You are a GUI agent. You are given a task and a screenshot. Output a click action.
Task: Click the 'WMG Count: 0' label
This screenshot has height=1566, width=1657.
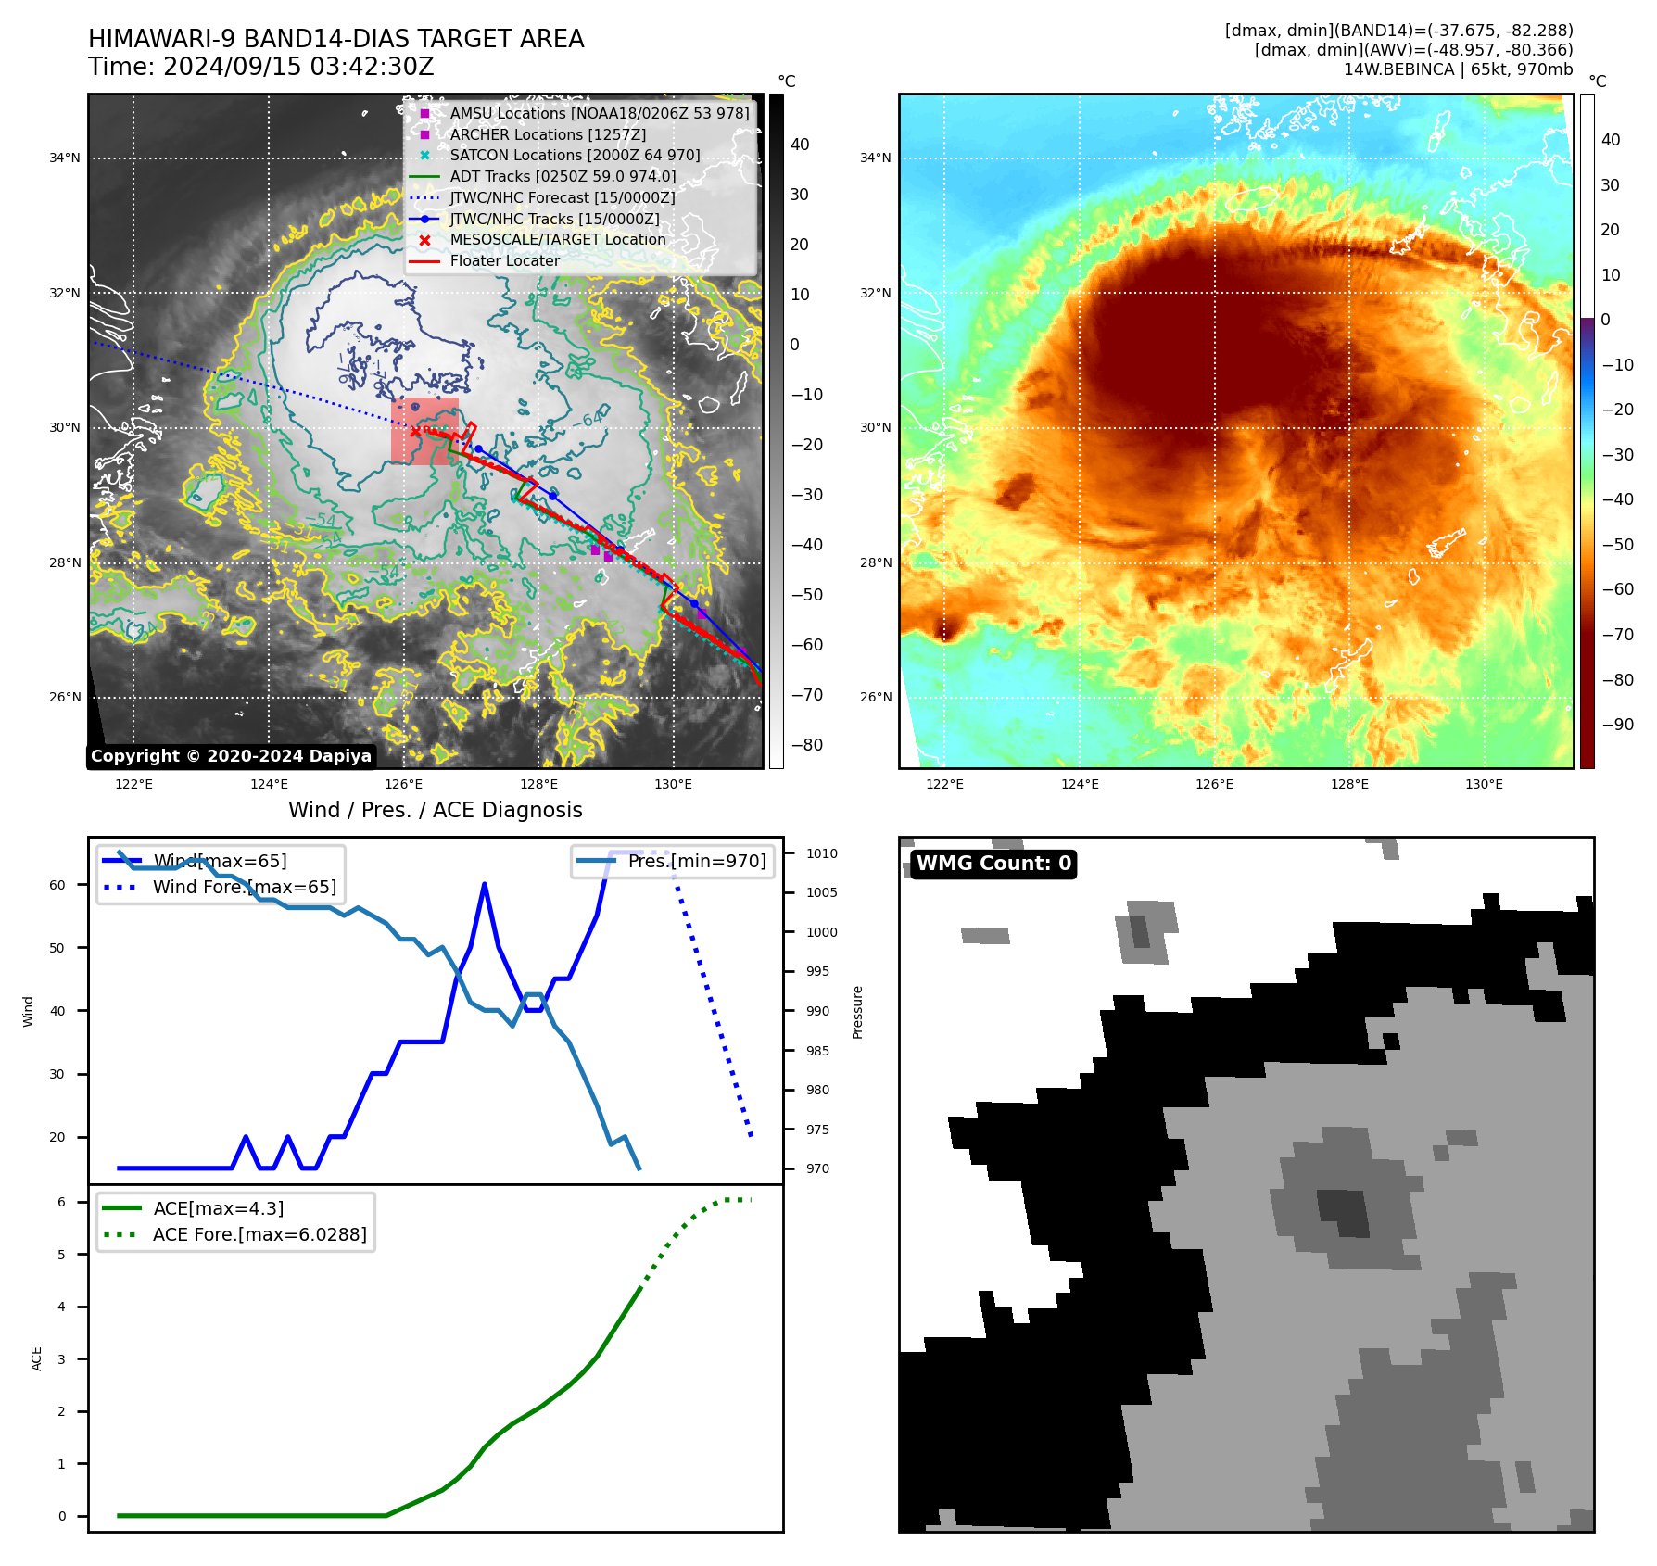tap(993, 864)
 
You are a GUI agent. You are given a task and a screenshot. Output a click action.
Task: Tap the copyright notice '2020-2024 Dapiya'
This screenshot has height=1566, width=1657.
tap(288, 756)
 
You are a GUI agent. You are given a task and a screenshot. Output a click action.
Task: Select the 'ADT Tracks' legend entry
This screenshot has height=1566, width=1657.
tap(563, 176)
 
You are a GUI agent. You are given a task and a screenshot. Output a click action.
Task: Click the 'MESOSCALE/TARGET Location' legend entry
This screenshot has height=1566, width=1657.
tap(557, 239)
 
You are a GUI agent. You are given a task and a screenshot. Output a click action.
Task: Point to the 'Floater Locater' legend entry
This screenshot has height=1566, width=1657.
tap(504, 260)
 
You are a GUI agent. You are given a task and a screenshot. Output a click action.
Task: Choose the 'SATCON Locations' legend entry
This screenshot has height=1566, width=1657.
tap(575, 155)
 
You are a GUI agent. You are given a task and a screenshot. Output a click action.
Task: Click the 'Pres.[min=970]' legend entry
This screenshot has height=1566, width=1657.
tap(697, 861)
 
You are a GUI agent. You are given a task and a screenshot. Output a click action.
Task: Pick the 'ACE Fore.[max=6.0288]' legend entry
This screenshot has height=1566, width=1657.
tap(259, 1234)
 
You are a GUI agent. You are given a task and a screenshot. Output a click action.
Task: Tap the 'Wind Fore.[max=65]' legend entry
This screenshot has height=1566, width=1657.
tap(245, 887)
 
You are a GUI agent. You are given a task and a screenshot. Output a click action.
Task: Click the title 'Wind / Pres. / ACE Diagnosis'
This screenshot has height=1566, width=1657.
tap(436, 810)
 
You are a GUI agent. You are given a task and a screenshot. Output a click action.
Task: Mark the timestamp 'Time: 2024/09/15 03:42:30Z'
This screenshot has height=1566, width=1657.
tap(261, 67)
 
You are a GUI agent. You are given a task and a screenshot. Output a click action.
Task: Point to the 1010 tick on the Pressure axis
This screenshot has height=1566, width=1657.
tap(821, 853)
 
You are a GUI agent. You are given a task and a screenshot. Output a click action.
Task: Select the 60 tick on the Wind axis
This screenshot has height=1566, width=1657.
tap(57, 885)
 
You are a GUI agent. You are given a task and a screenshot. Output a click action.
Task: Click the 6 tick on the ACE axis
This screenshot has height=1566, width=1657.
tap(61, 1202)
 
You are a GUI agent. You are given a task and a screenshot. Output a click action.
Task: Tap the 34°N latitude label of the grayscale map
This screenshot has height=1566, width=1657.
tap(65, 158)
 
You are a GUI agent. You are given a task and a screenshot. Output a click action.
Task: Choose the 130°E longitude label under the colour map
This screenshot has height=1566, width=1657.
tap(1484, 784)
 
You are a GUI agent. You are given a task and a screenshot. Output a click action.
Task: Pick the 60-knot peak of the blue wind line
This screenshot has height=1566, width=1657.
tap(485, 885)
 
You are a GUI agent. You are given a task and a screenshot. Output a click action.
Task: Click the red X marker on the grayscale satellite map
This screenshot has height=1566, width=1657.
tap(415, 431)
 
